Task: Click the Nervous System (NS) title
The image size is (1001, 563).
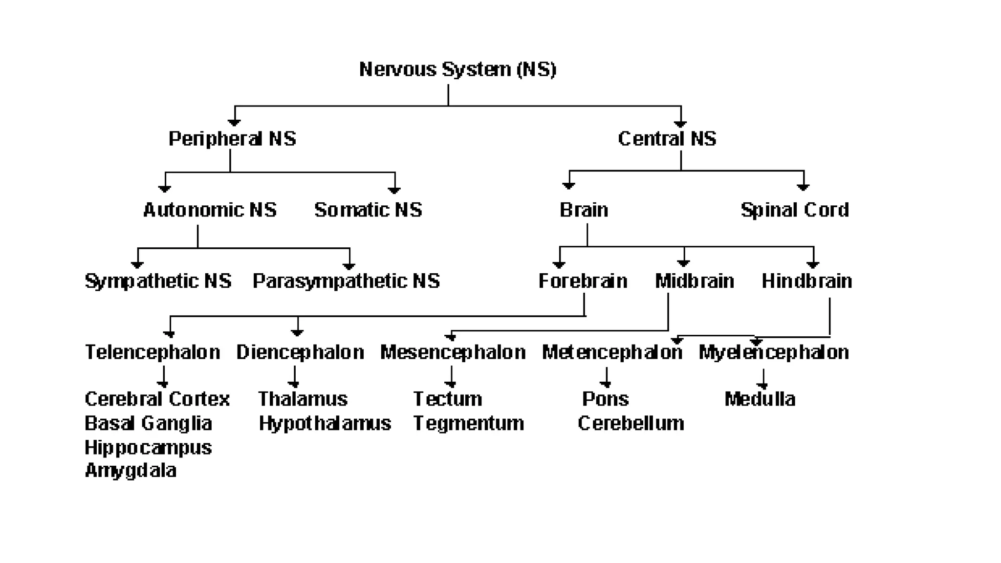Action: pyautogui.click(x=457, y=69)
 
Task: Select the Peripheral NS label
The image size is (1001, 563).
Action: pyautogui.click(x=232, y=139)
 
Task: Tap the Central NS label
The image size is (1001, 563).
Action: pyautogui.click(x=667, y=139)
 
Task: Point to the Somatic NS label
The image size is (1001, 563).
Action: pyautogui.click(x=368, y=210)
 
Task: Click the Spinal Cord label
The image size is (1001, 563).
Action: pyautogui.click(x=795, y=210)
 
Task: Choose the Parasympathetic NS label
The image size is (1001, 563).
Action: pyautogui.click(x=346, y=281)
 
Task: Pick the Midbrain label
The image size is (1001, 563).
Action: pyautogui.click(x=695, y=281)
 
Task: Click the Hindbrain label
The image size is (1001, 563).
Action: pyautogui.click(x=807, y=281)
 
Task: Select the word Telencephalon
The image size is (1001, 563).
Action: pyautogui.click(x=152, y=352)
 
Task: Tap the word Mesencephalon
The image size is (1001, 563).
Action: pyautogui.click(x=453, y=352)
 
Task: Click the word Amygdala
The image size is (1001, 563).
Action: pyautogui.click(x=131, y=471)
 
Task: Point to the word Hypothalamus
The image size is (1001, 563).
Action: pyautogui.click(x=325, y=423)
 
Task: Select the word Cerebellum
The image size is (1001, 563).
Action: pyautogui.click(x=631, y=423)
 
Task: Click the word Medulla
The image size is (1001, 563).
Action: pyautogui.click(x=760, y=399)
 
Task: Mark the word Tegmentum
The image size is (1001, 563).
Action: pyautogui.click(x=469, y=423)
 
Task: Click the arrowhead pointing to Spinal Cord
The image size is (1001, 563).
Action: pyautogui.click(x=803, y=187)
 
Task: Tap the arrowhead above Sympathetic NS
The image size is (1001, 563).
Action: pyautogui.click(x=138, y=264)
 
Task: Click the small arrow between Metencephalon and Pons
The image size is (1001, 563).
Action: pyautogui.click(x=606, y=379)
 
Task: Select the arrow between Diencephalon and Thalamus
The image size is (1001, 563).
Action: pyautogui.click(x=294, y=379)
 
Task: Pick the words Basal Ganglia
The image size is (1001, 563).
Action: pyautogui.click(x=148, y=423)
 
